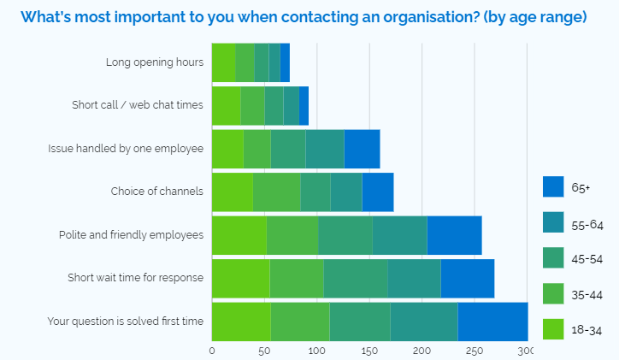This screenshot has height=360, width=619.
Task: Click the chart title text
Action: [x=304, y=17]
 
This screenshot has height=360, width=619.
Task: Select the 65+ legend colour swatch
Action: [x=553, y=186]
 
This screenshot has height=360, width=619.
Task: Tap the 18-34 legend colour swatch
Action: [x=553, y=328]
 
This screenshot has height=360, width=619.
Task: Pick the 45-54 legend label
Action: [x=586, y=258]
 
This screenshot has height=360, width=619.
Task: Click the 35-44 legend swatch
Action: [x=553, y=293]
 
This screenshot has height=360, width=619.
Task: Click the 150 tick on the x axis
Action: [x=369, y=350]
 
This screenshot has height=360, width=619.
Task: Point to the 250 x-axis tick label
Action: [x=475, y=350]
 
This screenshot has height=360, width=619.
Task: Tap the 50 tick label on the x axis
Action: [x=264, y=350]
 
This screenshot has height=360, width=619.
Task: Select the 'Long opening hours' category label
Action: [x=155, y=62]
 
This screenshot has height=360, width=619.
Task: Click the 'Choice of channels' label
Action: [x=157, y=192]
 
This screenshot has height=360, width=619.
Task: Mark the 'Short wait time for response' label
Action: [x=136, y=278]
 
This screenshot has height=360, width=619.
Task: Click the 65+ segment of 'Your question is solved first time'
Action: [x=492, y=322]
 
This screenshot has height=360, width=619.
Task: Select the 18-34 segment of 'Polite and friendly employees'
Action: [x=239, y=235]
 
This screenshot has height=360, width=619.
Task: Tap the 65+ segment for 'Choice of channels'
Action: [x=377, y=192]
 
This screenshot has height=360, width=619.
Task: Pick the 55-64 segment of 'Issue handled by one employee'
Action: [x=325, y=149]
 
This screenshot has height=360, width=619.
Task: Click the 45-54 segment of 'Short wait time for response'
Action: [x=355, y=278]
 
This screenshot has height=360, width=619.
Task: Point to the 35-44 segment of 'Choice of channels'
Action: [x=276, y=192]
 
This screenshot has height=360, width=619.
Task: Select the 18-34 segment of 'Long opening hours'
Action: [x=223, y=62]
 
